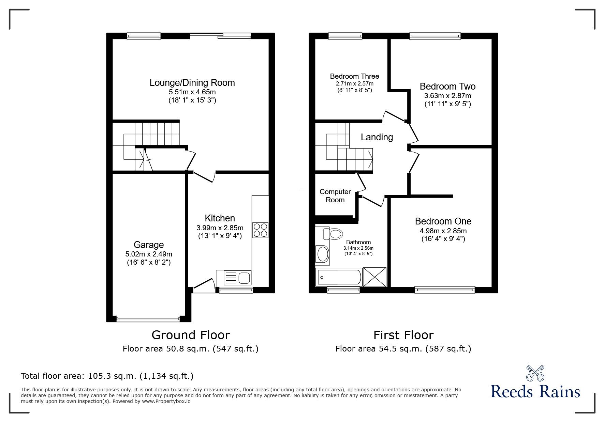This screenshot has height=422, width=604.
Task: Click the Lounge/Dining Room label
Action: [x=192, y=83]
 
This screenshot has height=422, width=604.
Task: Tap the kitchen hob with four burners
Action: [x=260, y=230]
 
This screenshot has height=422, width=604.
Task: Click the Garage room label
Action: [x=149, y=245]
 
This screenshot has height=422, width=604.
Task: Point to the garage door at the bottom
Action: [x=148, y=319]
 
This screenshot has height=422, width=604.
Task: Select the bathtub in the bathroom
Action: [x=339, y=277]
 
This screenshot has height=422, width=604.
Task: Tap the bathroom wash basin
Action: [x=323, y=254]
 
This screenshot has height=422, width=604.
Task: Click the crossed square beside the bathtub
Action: [x=374, y=277]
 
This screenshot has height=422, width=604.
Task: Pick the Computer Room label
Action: [x=335, y=196]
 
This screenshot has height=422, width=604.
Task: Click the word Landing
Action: [x=377, y=137]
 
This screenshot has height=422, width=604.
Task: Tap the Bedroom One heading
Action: [x=443, y=221]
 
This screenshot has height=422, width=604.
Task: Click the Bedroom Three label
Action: [x=355, y=76]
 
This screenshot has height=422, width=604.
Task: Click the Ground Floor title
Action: [x=191, y=335]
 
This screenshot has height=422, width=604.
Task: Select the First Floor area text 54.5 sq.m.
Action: [x=403, y=349]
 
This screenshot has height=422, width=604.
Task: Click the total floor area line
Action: [x=107, y=376]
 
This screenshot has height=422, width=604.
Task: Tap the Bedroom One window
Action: [x=445, y=290]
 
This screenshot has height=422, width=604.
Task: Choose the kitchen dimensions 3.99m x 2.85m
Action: [x=220, y=228]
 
